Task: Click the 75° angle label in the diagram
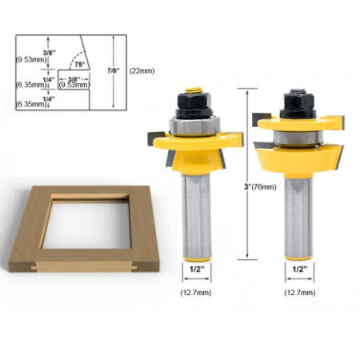[x=79, y=64]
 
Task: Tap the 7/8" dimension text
[x=114, y=70]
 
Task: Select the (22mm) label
[x=142, y=71]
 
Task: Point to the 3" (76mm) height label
[x=260, y=187]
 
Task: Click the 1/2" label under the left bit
[x=197, y=270]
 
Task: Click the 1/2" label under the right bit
[x=300, y=270]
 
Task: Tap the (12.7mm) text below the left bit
[x=196, y=293]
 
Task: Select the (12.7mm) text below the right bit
[x=300, y=293]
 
